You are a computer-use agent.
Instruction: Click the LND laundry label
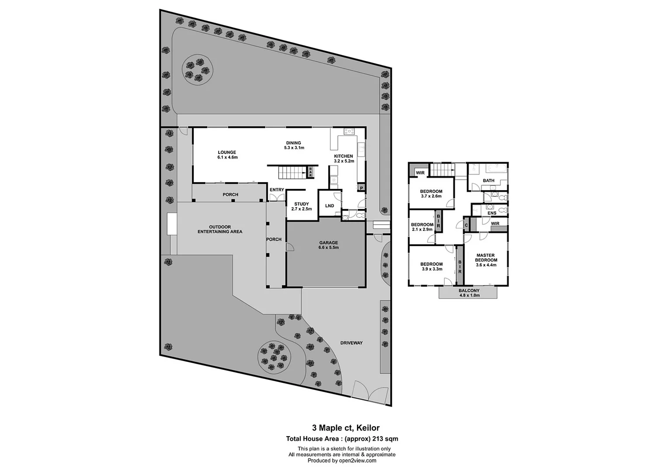point(329,206)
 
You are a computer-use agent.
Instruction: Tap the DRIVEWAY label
point(352,343)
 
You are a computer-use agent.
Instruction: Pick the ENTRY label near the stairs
point(277,190)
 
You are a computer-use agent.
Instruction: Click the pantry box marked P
point(361,188)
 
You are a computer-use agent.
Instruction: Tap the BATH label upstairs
point(489,180)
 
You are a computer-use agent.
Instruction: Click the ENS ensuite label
point(492,213)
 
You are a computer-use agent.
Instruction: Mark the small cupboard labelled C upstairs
point(466,225)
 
